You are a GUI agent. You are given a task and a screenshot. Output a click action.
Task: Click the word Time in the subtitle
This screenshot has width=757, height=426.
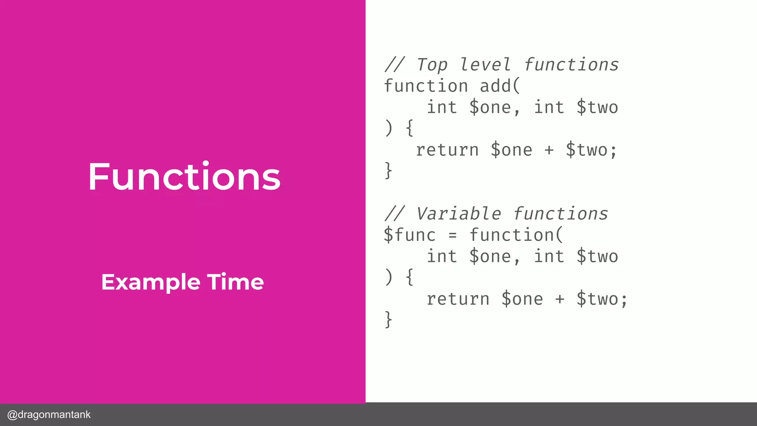click(235, 282)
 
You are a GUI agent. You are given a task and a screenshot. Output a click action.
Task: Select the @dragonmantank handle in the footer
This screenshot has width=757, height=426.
click(49, 415)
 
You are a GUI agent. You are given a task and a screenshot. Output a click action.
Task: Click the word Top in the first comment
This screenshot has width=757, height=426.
click(432, 65)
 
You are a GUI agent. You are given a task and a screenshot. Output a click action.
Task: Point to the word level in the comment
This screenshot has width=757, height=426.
click(485, 65)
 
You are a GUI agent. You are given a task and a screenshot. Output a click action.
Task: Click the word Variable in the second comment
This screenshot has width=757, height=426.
click(458, 214)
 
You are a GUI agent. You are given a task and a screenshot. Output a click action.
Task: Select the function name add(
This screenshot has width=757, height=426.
click(500, 86)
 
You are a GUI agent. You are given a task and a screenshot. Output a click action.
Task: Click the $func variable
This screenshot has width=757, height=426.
click(410, 235)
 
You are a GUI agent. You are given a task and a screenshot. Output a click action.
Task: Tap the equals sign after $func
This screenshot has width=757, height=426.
click(453, 236)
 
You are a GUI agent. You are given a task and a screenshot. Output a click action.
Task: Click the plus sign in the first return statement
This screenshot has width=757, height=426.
click(549, 150)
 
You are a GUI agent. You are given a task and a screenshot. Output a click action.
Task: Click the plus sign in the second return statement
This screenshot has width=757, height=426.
click(560, 299)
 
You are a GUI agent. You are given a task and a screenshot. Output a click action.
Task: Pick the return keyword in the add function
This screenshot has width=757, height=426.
click(447, 150)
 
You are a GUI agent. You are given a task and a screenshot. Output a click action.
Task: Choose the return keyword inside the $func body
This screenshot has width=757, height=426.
click(458, 299)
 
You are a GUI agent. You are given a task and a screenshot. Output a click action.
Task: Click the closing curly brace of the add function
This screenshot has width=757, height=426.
click(388, 170)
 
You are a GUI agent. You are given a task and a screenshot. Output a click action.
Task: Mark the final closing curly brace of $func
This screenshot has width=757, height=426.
click(388, 319)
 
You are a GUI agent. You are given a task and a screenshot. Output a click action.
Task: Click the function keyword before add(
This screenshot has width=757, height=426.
click(426, 86)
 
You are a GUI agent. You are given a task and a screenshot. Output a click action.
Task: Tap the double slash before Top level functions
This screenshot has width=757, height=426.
click(395, 65)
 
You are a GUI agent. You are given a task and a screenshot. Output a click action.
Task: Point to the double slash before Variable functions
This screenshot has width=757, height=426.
click(395, 214)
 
